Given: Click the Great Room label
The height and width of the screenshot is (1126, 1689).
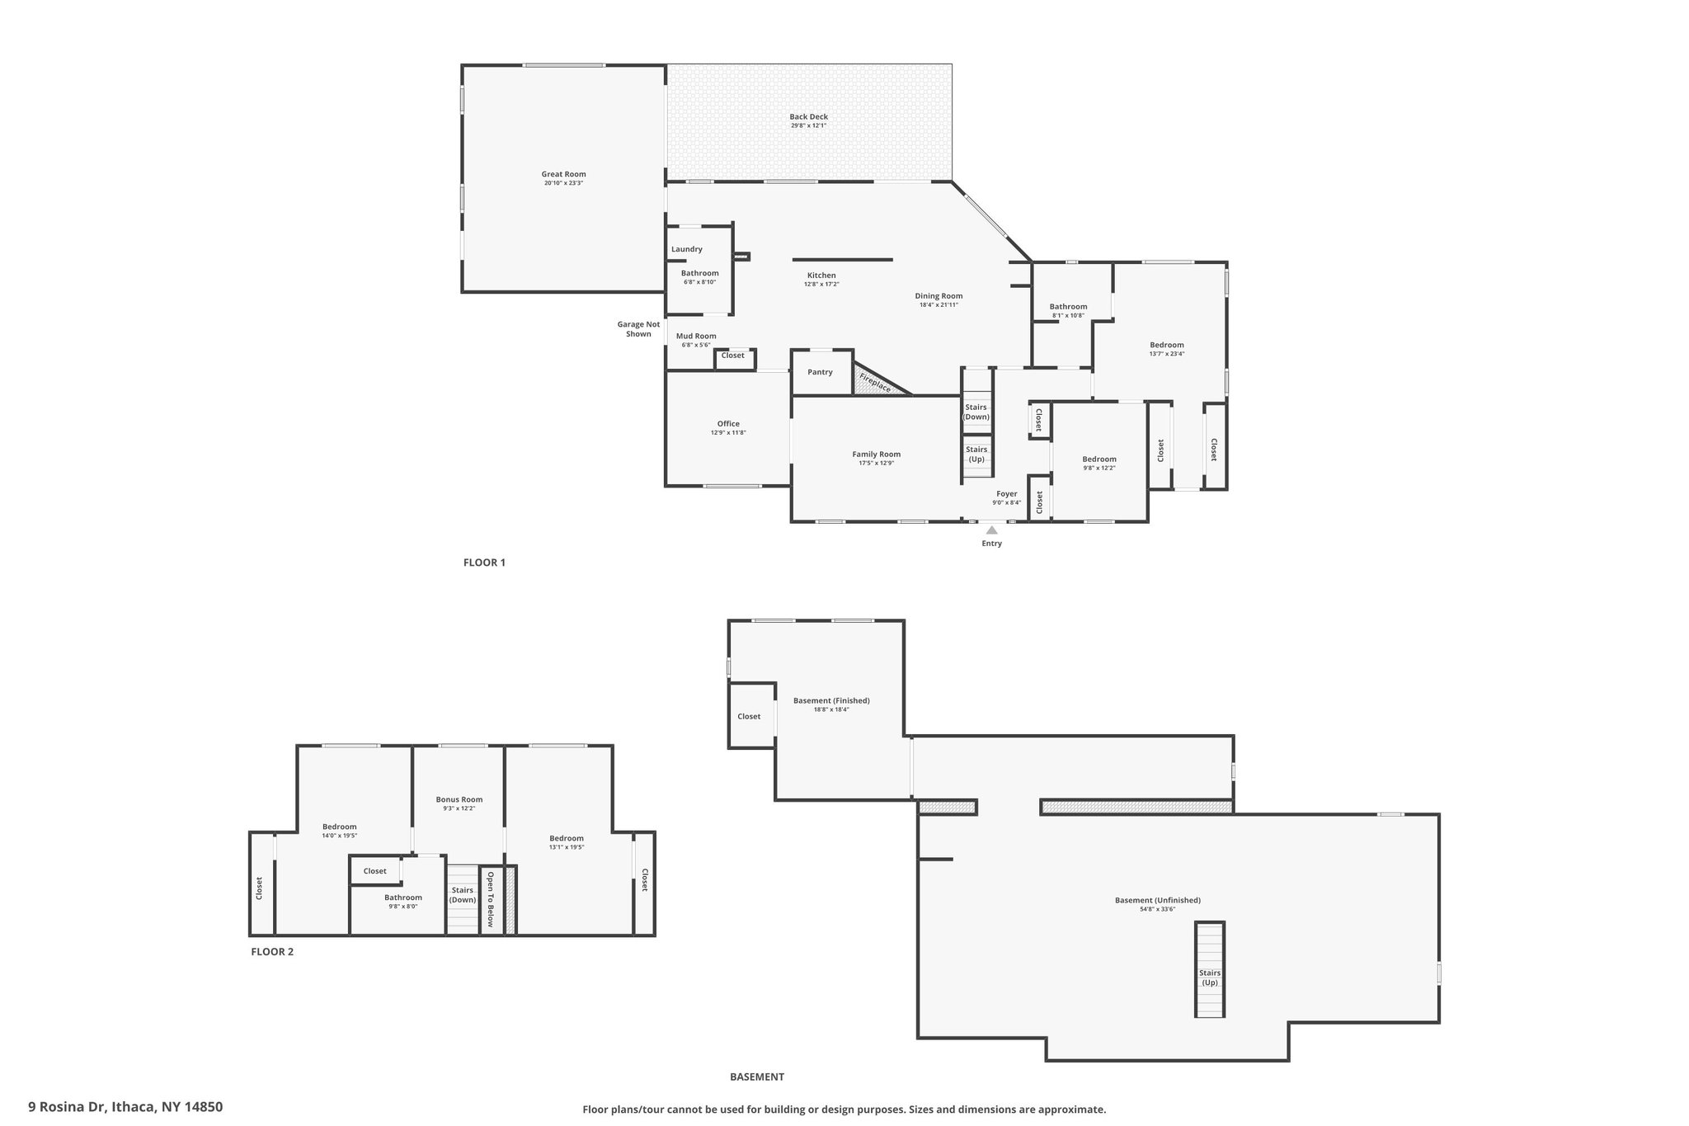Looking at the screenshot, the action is [563, 174].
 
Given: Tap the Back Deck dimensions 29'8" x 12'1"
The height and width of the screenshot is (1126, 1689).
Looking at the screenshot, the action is [808, 126].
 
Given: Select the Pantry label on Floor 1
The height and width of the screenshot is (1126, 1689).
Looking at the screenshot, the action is [820, 372].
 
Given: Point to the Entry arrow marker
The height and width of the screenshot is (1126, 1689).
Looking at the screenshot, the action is [991, 530].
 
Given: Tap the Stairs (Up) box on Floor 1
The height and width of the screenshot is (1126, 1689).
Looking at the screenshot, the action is [976, 456].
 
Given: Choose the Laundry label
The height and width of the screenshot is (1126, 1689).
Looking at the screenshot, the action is [687, 249].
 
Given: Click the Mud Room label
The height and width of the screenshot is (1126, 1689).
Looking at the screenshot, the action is [696, 336].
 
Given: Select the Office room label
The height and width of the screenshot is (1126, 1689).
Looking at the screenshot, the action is [728, 424].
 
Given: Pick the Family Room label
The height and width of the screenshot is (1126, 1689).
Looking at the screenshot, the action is [877, 454].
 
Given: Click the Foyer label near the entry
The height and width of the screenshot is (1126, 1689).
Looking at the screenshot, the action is [1006, 494].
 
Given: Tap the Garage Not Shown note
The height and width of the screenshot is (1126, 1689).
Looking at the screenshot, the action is [638, 329].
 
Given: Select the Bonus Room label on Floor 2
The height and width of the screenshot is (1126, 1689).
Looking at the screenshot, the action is [459, 799].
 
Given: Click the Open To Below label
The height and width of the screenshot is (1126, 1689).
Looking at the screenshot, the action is [490, 899].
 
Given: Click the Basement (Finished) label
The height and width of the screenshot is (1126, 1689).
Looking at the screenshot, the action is [831, 700].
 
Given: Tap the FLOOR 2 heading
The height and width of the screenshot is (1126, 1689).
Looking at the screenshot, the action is [272, 951].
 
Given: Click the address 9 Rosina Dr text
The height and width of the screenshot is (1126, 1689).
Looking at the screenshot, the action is [67, 1107].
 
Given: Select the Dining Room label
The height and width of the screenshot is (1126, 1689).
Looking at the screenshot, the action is [939, 296].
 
